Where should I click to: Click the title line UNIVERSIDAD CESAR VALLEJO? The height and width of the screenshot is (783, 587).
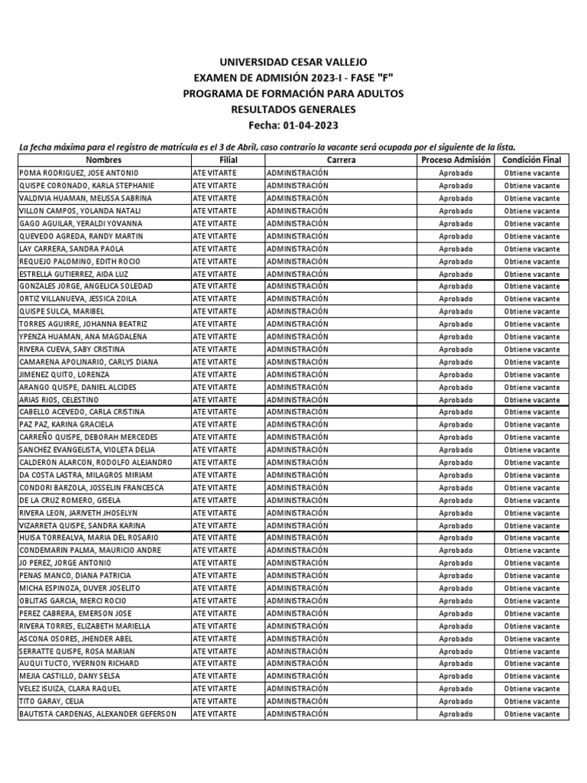[293, 61]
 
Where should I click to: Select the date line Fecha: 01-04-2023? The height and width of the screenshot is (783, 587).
[293, 125]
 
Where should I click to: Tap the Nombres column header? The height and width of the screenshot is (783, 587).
[104, 160]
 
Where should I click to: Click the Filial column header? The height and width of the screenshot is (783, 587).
[228, 160]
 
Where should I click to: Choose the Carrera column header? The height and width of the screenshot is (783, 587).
[341, 160]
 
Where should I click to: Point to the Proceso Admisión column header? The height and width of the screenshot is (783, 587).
[456, 160]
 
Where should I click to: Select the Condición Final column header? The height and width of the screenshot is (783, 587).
[531, 160]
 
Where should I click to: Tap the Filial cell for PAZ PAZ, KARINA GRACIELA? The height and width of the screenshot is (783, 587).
[215, 424]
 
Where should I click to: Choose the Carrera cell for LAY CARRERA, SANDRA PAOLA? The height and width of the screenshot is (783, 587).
[297, 249]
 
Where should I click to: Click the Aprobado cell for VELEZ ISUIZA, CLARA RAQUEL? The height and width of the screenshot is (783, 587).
[456, 689]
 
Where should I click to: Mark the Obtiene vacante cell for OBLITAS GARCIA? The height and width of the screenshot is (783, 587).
[531, 601]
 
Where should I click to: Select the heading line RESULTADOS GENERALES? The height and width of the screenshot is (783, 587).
[293, 109]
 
